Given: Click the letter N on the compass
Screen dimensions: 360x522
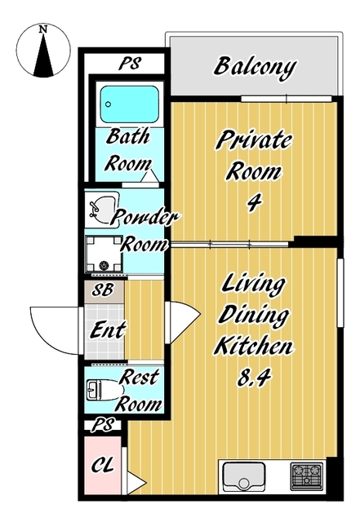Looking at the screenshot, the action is (42, 29).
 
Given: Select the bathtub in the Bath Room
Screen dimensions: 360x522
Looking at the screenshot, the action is (129, 104).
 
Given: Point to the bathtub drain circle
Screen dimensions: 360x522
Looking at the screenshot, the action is (108, 104).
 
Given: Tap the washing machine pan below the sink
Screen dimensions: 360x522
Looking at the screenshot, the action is (104, 254).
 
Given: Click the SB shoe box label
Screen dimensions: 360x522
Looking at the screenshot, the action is (102, 290).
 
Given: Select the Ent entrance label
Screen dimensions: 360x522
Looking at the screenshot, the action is (108, 330).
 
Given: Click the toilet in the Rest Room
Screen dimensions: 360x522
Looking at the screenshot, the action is (104, 390).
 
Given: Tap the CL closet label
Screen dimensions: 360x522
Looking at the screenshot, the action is (103, 464).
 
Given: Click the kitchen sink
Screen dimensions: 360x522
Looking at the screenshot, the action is (243, 476).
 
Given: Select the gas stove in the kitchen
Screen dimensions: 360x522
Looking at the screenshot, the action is (307, 476).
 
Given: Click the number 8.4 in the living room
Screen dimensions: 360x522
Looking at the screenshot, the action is (255, 377).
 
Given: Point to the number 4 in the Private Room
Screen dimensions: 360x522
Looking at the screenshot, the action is (255, 202).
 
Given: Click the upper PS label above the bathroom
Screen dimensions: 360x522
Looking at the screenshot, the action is (130, 64).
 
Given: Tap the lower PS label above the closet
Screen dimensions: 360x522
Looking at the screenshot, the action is (104, 425).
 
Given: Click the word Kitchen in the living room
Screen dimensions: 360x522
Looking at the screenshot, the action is (254, 346).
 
